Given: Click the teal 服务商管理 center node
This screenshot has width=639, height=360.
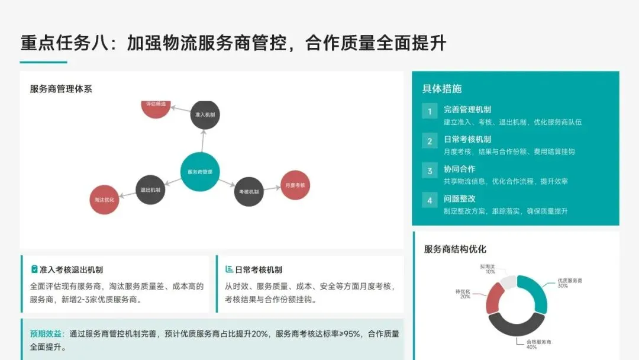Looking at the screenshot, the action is point(200,172).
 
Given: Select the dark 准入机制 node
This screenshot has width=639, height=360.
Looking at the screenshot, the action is point(205,114).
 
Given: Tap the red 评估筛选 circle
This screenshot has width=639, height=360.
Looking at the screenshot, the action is point(156,107).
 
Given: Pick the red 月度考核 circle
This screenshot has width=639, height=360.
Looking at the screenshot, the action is point(295,185).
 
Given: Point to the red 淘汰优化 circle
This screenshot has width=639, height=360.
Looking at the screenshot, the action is point(104,200).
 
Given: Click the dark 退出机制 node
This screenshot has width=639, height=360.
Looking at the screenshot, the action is point(150,190).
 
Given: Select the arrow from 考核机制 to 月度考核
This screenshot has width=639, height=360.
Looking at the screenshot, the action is point(272,188).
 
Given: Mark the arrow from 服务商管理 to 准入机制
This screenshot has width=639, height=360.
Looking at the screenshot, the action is point(202,141).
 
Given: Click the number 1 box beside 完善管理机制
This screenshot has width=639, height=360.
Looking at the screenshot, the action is point(430,111).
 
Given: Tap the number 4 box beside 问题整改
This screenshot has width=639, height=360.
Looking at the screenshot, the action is point(430,200).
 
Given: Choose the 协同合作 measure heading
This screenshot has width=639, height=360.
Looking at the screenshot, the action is point(459,169).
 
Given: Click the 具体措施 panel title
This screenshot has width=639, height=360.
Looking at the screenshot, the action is point(441,89).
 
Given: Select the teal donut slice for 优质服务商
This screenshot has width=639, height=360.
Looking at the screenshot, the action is point(536,292).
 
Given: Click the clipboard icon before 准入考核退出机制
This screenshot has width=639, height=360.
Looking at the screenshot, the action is point(34,269).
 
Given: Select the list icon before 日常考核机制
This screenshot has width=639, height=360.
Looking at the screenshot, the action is point(229,269).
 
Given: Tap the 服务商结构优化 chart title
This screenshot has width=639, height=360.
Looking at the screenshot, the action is point(454,249).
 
